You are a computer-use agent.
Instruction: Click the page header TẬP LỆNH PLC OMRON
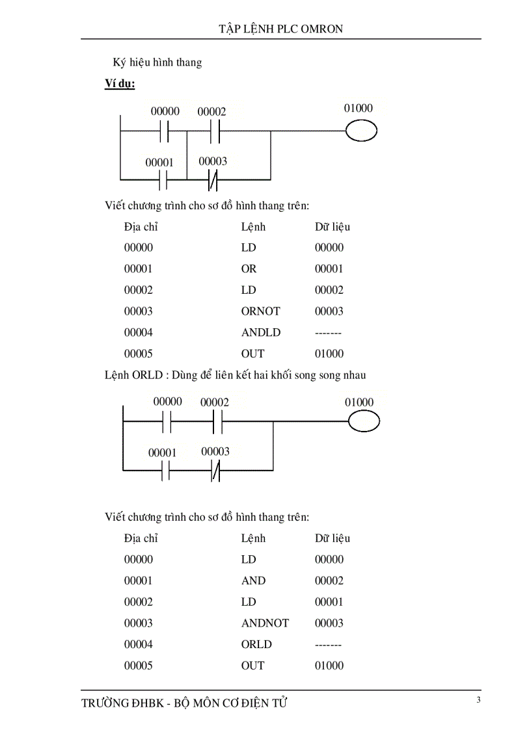(x=280, y=29)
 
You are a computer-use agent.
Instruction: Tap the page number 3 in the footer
(x=478, y=699)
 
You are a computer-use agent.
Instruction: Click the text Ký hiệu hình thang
(x=157, y=62)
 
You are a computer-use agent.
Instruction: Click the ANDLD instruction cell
(x=260, y=333)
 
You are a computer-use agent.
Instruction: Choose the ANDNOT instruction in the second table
(x=265, y=623)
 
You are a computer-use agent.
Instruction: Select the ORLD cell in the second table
(x=256, y=645)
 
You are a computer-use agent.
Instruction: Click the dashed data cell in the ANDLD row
(x=329, y=333)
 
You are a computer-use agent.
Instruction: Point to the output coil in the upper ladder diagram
(x=361, y=131)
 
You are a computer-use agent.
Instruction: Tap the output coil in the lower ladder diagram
(x=364, y=423)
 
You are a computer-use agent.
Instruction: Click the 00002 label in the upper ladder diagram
(x=211, y=112)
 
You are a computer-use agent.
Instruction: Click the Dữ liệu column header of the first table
(x=333, y=227)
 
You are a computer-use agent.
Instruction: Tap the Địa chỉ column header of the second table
(x=141, y=538)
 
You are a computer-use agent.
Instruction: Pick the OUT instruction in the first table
(x=252, y=354)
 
